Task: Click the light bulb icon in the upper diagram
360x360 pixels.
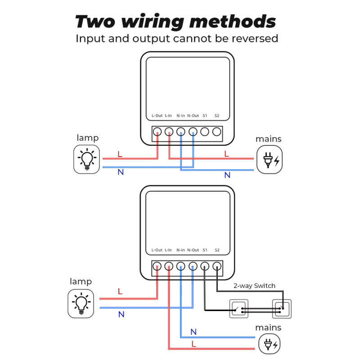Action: (87, 159)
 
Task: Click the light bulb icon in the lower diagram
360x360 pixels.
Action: (81, 303)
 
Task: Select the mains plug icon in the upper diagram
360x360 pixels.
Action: (270, 159)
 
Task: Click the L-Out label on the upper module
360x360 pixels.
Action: (157, 116)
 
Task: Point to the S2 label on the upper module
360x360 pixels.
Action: (217, 116)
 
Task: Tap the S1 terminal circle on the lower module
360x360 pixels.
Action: (205, 266)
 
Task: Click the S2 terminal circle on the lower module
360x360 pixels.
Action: (217, 266)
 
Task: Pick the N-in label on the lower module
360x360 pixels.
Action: (181, 250)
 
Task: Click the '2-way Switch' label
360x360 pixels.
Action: (254, 286)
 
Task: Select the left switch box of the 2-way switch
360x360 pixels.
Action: (238, 309)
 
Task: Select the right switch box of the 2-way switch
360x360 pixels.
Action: (282, 309)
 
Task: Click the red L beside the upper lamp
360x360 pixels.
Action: (120, 154)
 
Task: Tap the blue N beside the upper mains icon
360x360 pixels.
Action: (227, 175)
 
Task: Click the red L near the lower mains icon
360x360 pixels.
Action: (193, 344)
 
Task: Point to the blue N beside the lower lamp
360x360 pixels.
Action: (121, 315)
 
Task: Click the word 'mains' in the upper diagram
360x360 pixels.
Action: (269, 139)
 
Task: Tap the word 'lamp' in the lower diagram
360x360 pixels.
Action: (81, 281)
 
